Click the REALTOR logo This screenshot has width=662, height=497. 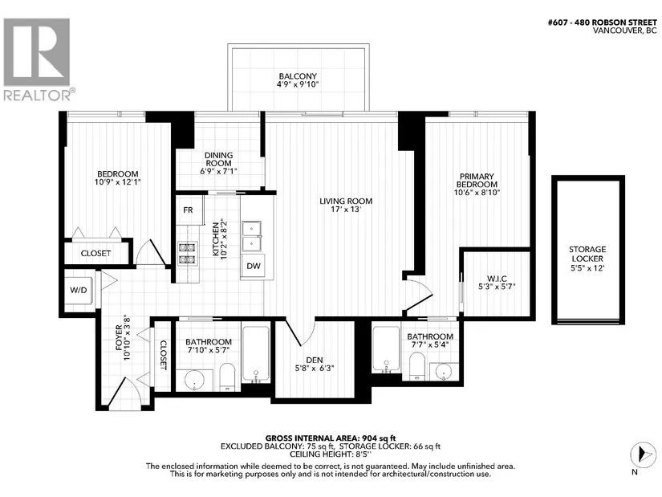tap(37, 59)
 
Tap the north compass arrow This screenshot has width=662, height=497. tap(643, 455)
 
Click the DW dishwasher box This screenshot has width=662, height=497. tap(254, 266)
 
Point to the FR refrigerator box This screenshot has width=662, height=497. tap(189, 210)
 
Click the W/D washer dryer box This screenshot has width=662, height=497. tap(79, 290)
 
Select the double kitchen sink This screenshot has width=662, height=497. tap(252, 236)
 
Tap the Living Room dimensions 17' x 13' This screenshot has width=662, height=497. tap(346, 210)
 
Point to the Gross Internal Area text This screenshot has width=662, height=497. tap(330, 438)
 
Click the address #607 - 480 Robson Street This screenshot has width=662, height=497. tap(602, 22)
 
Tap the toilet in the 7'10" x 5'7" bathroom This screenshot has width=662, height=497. tap(227, 377)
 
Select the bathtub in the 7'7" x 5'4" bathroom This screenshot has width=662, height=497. tap(386, 349)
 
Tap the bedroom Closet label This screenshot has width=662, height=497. tap(95, 253)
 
